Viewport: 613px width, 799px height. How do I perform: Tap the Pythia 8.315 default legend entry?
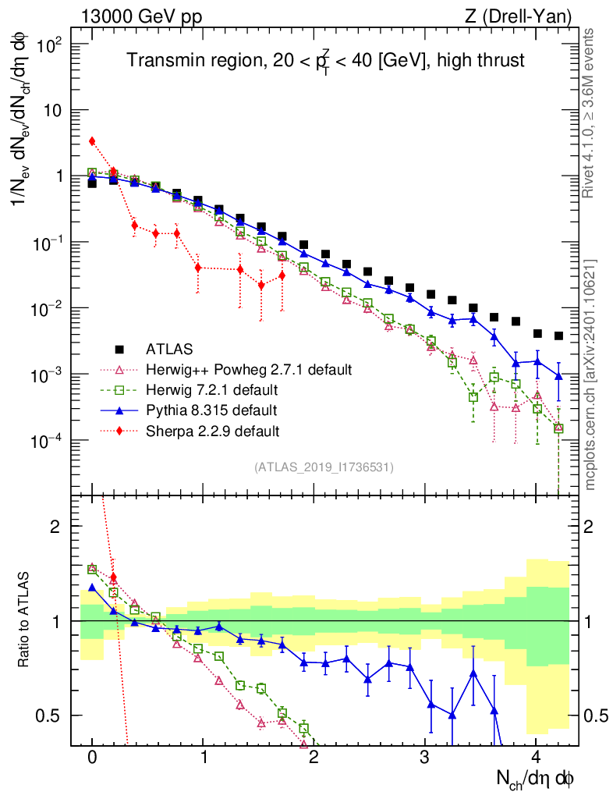(211, 410)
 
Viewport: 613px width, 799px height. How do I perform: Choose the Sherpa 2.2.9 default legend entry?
(212, 431)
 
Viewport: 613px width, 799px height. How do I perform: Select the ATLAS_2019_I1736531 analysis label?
(323, 467)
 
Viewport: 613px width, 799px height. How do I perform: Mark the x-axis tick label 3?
(424, 757)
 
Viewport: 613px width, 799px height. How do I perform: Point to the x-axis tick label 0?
(92, 757)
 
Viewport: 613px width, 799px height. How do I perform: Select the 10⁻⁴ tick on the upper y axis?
(48, 441)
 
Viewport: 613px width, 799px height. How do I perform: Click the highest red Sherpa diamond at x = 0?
(92, 141)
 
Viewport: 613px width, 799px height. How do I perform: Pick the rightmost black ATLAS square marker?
(558, 336)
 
